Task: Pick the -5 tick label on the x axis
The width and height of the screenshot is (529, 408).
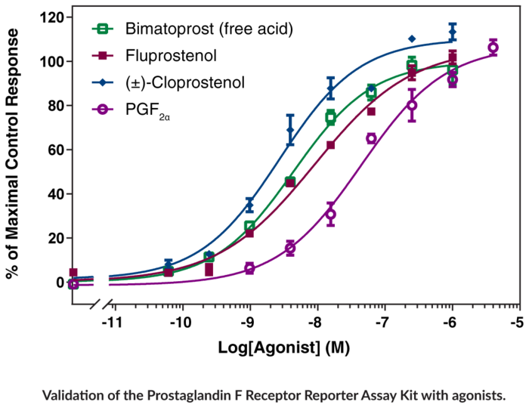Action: point(518,323)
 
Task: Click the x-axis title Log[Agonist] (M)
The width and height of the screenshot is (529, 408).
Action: point(293,348)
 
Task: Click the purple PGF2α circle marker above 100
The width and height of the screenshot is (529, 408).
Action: point(493,48)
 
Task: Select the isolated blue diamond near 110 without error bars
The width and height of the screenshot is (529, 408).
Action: point(412,39)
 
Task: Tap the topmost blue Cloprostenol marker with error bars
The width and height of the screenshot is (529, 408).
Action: point(453,32)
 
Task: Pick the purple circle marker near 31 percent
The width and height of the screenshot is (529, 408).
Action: point(330,214)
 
